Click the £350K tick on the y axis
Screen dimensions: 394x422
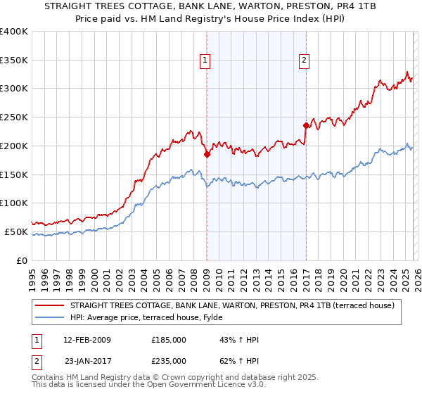pyautogui.click(x=14, y=60)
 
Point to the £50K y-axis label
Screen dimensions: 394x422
pyautogui.click(x=16, y=231)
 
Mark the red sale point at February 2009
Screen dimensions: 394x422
pyautogui.click(x=207, y=154)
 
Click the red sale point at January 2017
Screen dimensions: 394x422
pyautogui.click(x=306, y=126)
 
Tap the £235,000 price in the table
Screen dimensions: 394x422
pyautogui.click(x=169, y=360)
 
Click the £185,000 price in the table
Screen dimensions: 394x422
pyautogui.click(x=169, y=340)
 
